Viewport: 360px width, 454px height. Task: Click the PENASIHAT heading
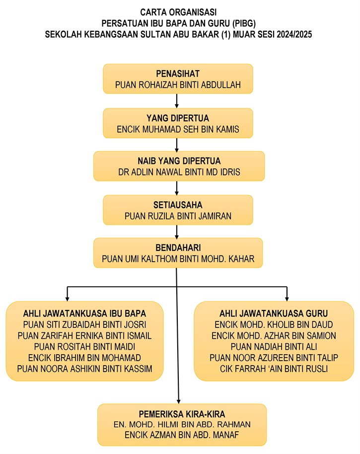point(178,74)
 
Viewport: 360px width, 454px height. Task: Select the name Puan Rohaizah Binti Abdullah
point(178,85)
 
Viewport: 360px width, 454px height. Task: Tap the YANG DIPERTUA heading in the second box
point(178,118)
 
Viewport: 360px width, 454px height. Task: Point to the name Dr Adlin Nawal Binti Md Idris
point(179,172)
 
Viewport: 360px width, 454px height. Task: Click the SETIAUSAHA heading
point(178,205)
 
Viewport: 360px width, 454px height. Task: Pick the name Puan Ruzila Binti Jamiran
point(178,216)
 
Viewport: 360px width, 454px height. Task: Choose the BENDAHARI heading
point(178,248)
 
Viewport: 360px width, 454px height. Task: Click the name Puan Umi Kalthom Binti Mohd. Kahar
point(178,259)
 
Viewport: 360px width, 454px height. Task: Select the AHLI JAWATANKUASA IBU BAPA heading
point(84,313)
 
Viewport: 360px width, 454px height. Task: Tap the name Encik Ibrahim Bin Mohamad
point(84,358)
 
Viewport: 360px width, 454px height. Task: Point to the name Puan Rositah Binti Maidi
point(84,347)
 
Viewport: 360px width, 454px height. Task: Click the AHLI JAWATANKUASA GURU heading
point(274,313)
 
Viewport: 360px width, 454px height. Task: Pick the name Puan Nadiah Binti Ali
point(274,347)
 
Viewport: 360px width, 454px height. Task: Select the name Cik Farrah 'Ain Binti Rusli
point(274,369)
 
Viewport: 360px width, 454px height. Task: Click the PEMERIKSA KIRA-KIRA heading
point(182,414)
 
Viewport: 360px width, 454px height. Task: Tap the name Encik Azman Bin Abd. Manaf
point(182,435)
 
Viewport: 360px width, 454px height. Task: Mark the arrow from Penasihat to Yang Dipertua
point(177,101)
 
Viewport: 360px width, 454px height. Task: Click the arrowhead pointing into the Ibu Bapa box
point(67,299)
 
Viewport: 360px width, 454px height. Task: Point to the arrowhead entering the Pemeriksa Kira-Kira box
point(179,401)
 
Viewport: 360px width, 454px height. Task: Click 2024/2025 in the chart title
point(294,34)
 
